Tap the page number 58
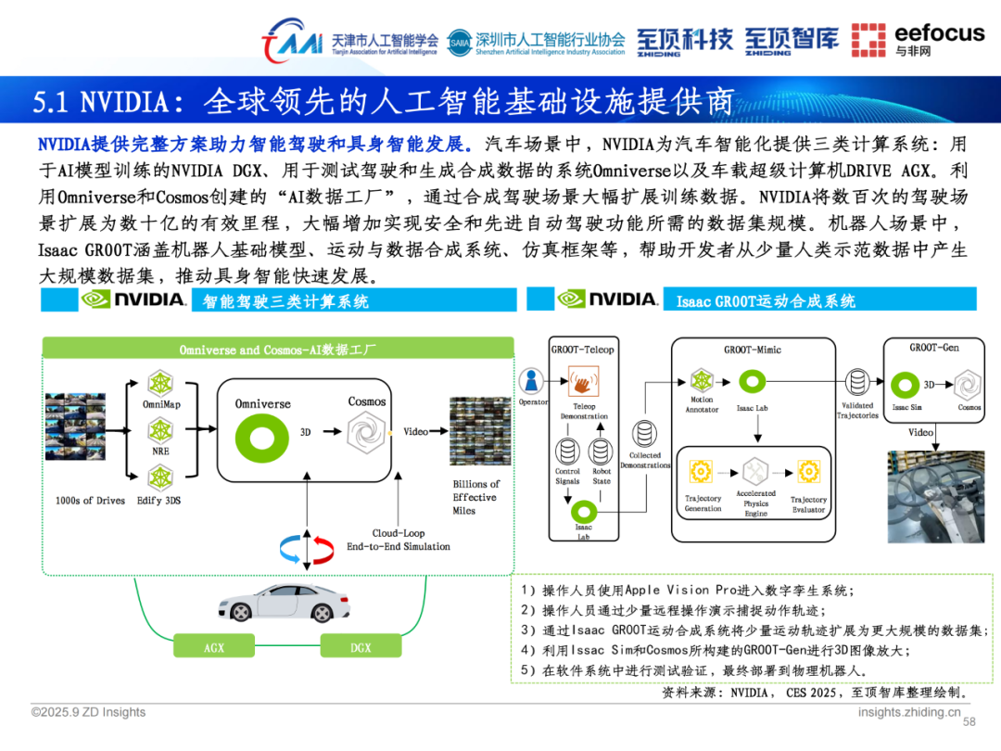tap(970, 722)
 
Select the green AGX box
tap(214, 647)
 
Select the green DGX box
tap(361, 647)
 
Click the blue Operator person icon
tap(531, 381)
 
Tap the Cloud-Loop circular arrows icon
tap(306, 548)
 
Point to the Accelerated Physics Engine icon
tap(755, 470)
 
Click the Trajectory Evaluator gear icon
tap(808, 470)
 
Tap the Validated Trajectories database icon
tap(857, 381)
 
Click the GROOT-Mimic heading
tap(753, 350)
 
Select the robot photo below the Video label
tap(935, 496)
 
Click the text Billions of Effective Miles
tap(475, 497)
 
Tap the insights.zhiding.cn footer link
tap(909, 712)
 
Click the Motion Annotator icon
tap(702, 381)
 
